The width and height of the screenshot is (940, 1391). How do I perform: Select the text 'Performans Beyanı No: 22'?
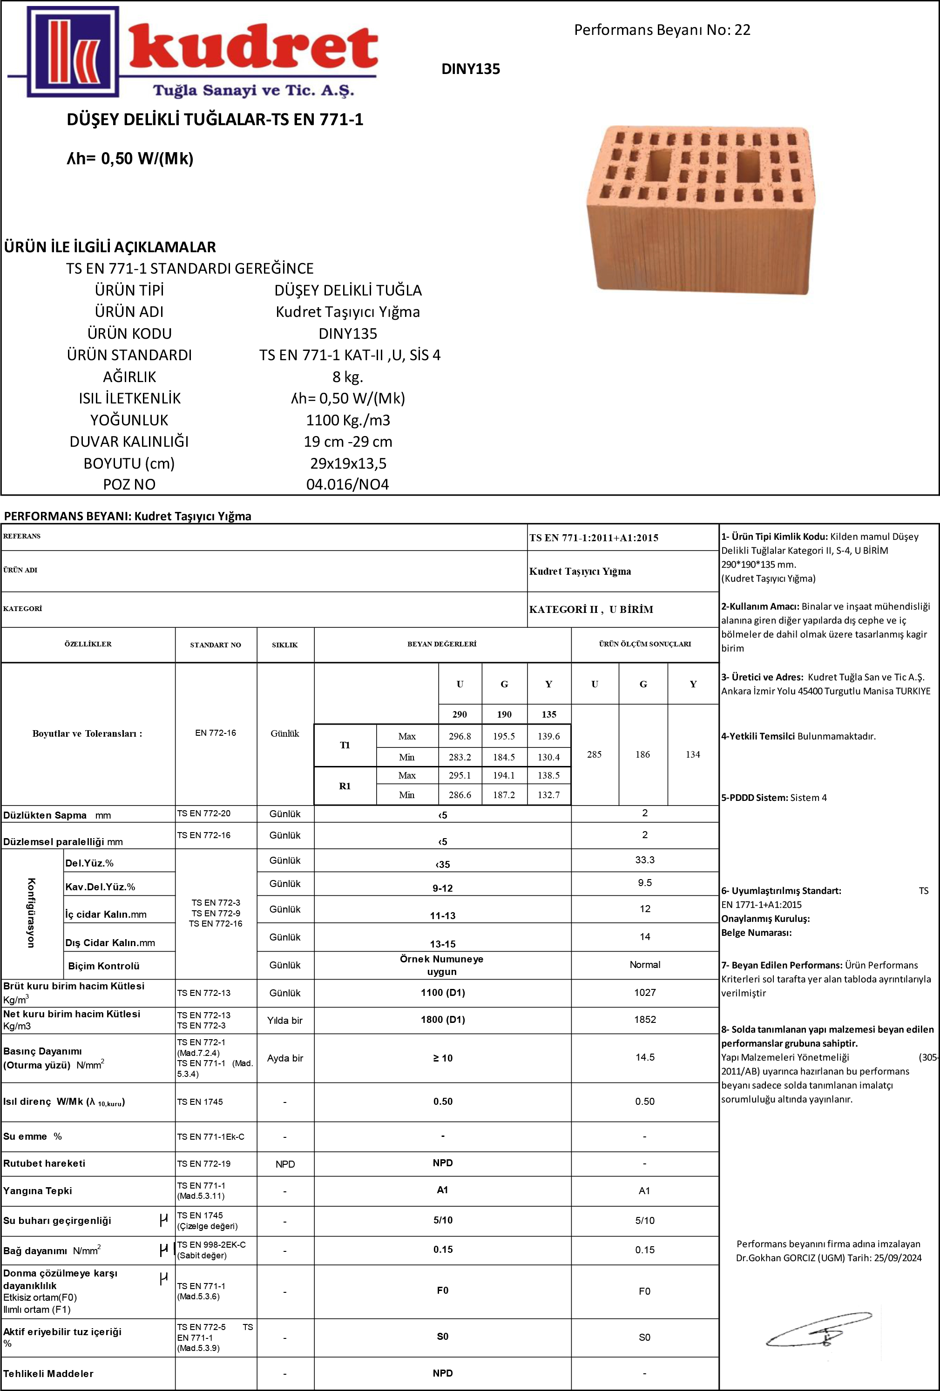662,30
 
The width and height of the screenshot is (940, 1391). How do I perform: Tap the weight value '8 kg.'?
347,376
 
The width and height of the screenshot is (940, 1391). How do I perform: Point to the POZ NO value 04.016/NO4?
347,484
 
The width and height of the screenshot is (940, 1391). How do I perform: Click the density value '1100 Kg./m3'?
347,420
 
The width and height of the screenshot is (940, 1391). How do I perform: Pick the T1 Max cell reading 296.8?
460,736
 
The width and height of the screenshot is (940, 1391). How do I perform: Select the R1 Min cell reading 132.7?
548,795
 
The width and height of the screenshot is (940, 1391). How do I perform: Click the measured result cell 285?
594,754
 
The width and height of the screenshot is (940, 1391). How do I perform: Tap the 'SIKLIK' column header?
285,645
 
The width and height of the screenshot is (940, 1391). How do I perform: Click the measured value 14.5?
645,1057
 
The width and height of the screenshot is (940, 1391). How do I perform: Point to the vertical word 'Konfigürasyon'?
31,913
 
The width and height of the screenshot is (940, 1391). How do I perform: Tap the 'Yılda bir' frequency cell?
285,1021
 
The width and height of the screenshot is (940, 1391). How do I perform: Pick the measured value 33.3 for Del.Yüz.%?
645,860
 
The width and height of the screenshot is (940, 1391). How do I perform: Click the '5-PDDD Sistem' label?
754,798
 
